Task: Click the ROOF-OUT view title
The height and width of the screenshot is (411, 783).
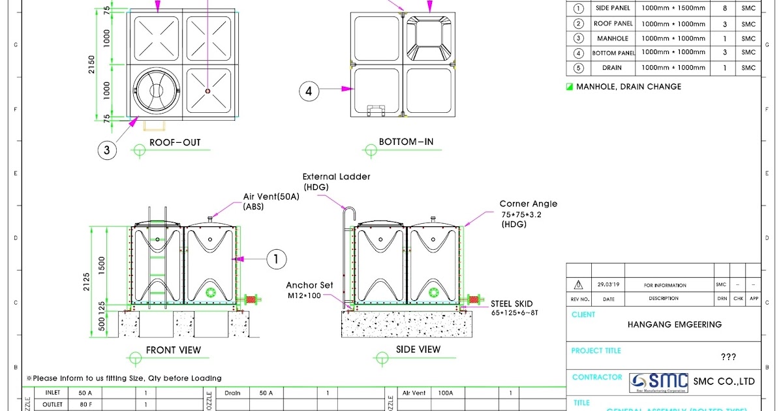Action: (x=175, y=142)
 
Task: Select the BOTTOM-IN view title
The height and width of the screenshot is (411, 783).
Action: (x=406, y=142)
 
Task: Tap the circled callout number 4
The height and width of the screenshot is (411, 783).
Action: (x=310, y=91)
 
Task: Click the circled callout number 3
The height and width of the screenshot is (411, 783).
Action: (x=108, y=151)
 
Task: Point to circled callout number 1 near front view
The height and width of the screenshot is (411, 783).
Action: (x=277, y=259)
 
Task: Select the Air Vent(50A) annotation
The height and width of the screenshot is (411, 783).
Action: (x=271, y=196)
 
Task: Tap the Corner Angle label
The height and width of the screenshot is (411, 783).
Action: (x=528, y=204)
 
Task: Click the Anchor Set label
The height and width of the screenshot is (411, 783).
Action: (x=309, y=285)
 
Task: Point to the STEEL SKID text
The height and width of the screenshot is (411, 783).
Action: (x=512, y=303)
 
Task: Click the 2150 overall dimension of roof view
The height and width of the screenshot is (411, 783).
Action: (x=92, y=64)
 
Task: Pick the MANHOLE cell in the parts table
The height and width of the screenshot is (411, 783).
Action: (x=613, y=38)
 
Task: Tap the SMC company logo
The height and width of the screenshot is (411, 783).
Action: (x=660, y=382)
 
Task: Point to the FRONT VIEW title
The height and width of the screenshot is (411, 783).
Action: (x=174, y=350)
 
